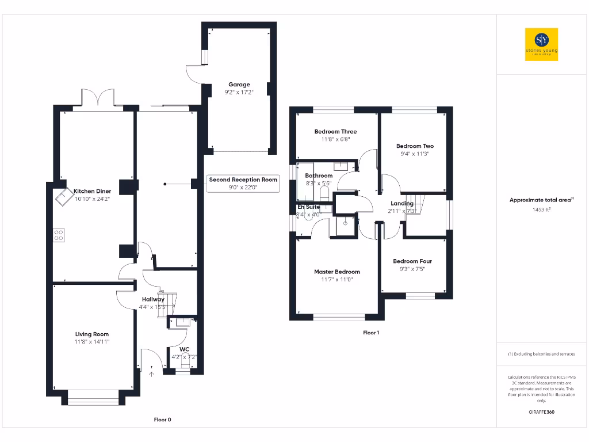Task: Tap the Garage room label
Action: coord(239,85)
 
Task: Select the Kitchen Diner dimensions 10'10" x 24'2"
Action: coord(92,199)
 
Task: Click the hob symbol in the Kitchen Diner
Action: coord(59,235)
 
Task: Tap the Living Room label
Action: coord(92,334)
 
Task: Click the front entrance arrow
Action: coord(152,374)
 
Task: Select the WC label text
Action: coord(184,349)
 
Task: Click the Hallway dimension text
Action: coord(154,307)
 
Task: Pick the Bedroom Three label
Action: coord(335,132)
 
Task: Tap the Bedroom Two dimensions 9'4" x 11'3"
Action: coord(415,154)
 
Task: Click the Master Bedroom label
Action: coord(337,272)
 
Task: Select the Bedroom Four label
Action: coord(412,261)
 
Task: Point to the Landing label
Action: coord(402,203)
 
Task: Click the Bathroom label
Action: coord(319,176)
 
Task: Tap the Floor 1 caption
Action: coord(371,333)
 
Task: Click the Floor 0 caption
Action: coord(162,420)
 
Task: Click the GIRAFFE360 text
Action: coord(542,412)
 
